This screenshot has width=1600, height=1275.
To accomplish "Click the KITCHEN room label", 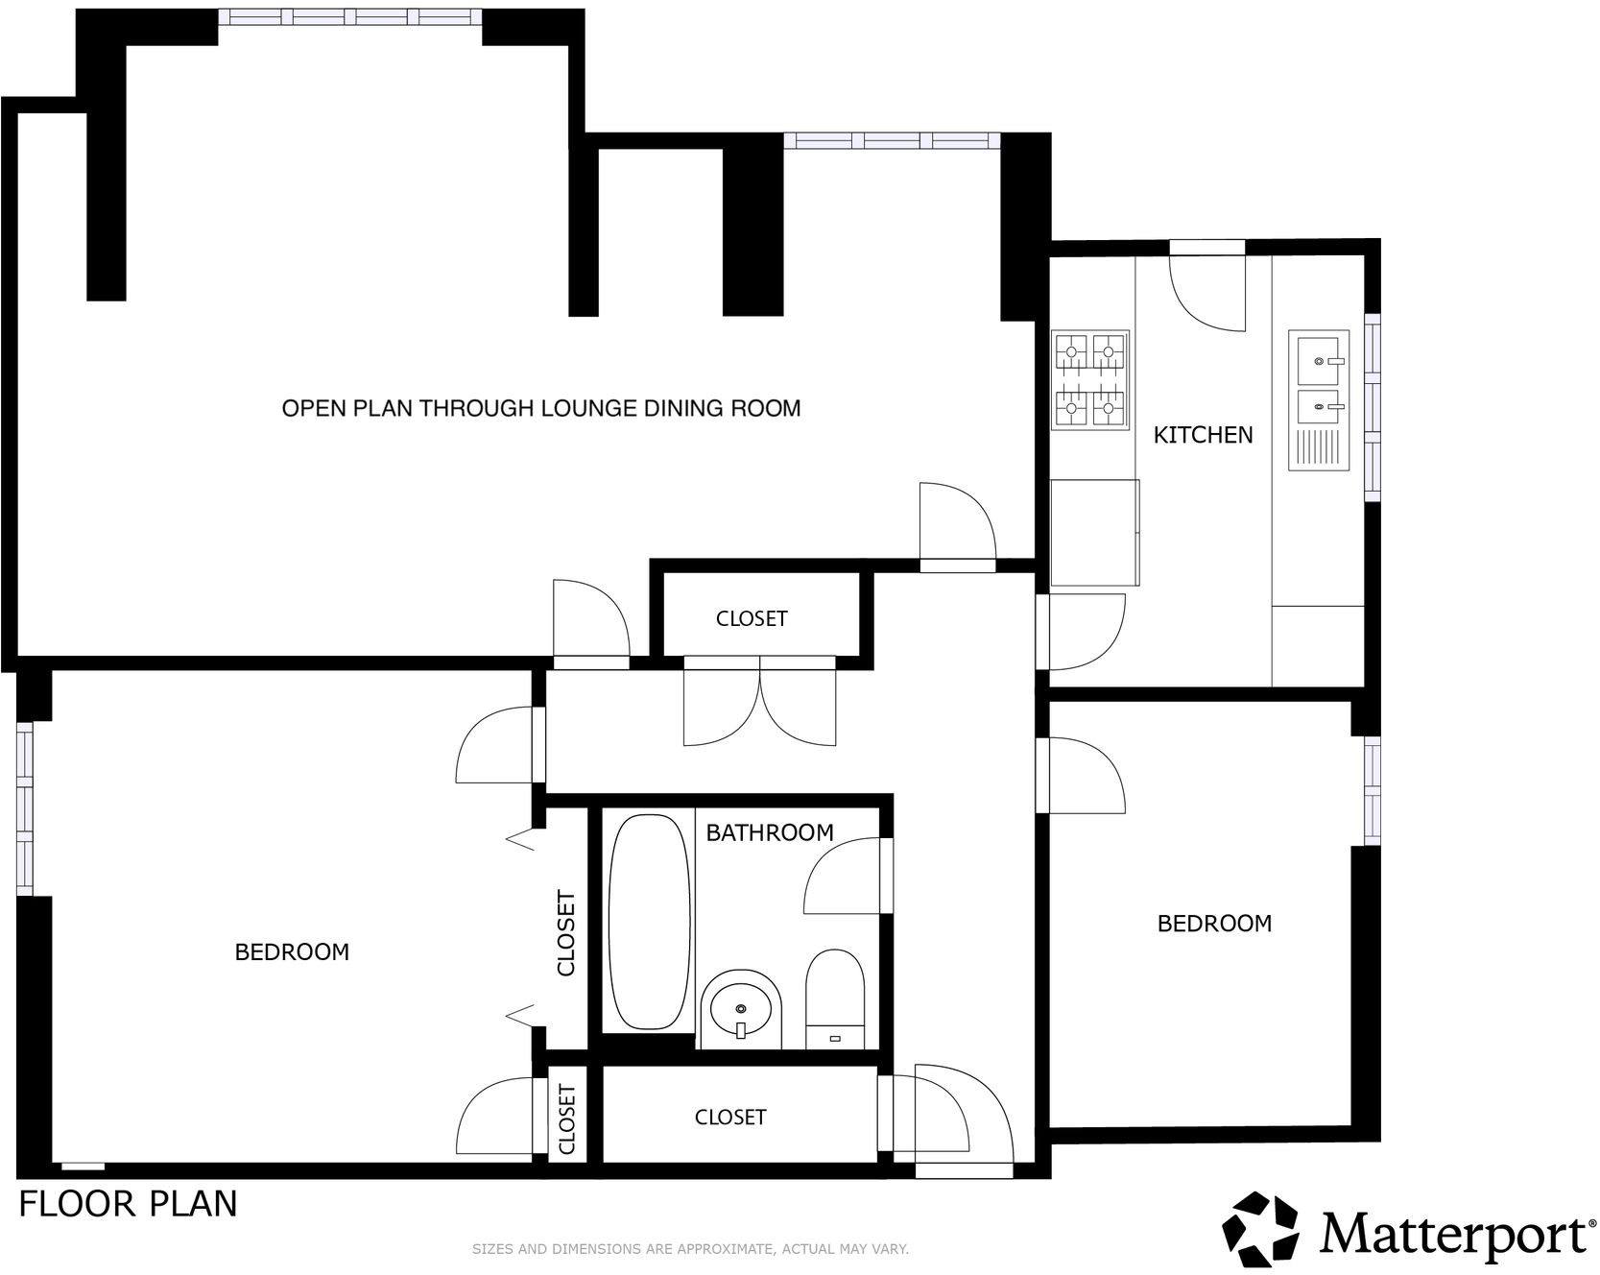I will pos(1203,435).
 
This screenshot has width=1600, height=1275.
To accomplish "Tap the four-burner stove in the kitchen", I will pos(1090,379).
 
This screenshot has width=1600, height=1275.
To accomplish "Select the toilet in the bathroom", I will pos(835,998).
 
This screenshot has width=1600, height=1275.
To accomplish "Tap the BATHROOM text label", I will pos(769,832).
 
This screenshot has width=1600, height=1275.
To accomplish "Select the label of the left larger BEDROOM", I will pos(292,951).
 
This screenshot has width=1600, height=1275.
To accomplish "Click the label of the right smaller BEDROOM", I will pos(1214,924).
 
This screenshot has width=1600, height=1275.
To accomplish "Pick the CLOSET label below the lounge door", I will pos(752,619).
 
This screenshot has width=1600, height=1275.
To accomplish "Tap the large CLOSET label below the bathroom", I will pos(730,1118).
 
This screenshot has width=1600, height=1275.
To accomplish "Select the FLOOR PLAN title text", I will pos(128,1204).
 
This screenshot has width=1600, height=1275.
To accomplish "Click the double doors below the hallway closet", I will pos(759,706).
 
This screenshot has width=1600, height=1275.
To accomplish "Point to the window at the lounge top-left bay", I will pos(350,16).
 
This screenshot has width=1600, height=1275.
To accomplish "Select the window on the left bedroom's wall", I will pos(24,808).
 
